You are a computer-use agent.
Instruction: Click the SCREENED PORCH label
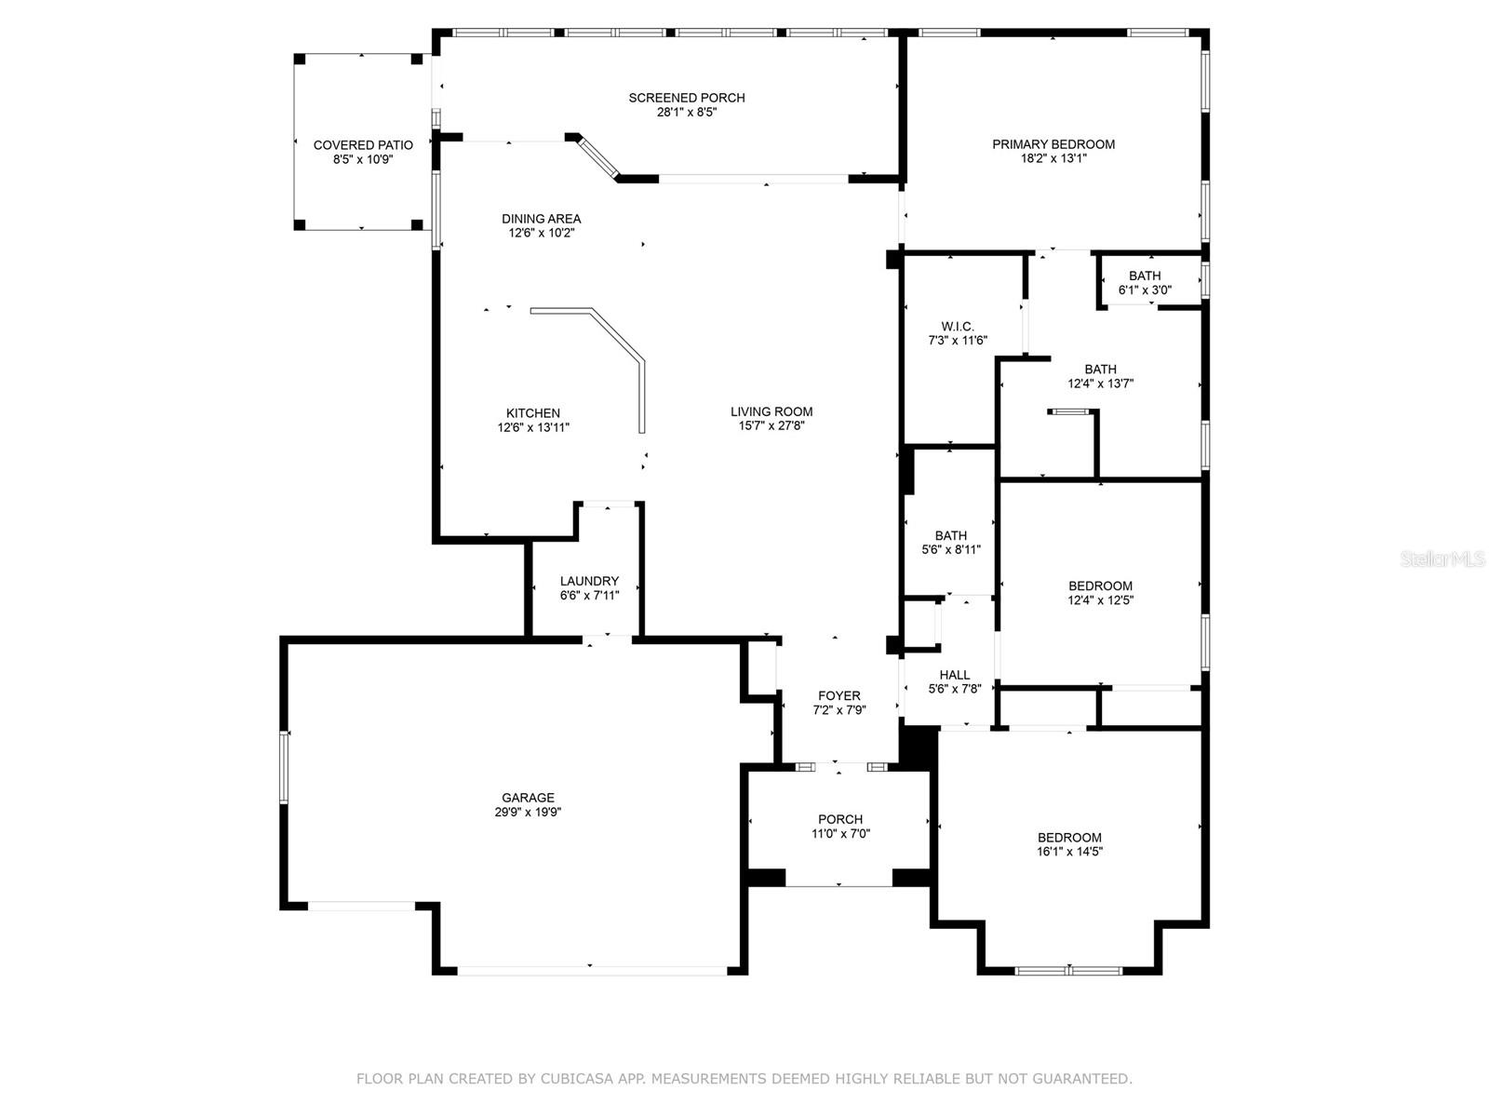point(686,98)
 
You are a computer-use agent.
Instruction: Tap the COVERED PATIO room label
point(363,145)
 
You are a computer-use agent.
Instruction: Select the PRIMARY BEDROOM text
point(1053,144)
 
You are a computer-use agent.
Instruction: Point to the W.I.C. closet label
point(957,327)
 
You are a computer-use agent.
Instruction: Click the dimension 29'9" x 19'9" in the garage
point(528,812)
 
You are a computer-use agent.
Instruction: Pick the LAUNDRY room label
point(589,581)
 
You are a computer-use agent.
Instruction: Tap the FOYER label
point(838,695)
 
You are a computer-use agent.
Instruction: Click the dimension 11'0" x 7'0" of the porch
point(839,834)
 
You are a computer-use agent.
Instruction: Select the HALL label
point(954,675)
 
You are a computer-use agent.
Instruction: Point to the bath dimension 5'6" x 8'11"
point(950,550)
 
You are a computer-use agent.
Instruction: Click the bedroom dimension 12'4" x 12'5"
point(1100,600)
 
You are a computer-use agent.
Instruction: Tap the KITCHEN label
point(533,413)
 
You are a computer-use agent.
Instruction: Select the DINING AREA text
point(541,219)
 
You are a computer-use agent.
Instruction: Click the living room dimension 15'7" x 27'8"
point(771,426)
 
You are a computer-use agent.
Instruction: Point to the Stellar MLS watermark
point(1443,559)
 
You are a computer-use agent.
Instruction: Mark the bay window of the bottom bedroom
point(1068,971)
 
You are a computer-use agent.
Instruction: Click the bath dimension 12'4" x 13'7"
point(1100,384)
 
